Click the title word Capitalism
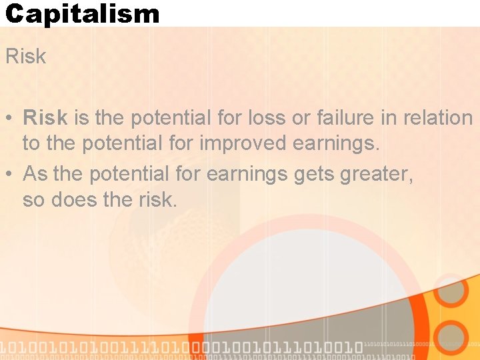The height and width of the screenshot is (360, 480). click(82, 13)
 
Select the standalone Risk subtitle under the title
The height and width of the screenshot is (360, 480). click(26, 57)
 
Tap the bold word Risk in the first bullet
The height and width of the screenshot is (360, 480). click(45, 118)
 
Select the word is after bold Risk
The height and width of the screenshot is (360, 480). click(81, 118)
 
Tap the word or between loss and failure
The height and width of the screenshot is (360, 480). click(302, 118)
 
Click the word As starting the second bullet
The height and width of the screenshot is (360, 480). click(35, 174)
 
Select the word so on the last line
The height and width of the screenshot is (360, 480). click(33, 199)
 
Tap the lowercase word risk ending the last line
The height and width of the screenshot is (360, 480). click(156, 199)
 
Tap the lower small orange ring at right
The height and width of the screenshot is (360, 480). click(452, 337)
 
